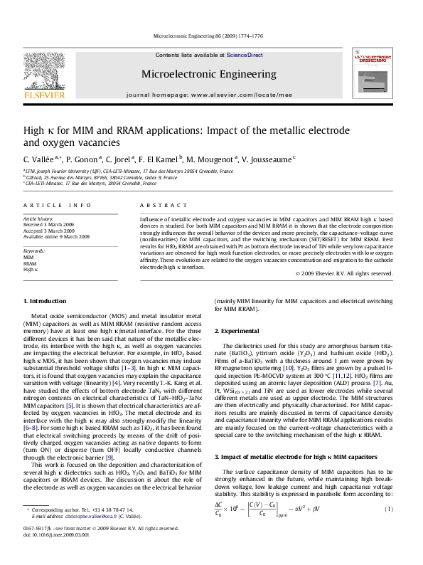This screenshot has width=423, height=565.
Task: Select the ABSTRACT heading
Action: tap(150, 205)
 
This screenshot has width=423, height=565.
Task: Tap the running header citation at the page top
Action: tap(211, 36)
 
